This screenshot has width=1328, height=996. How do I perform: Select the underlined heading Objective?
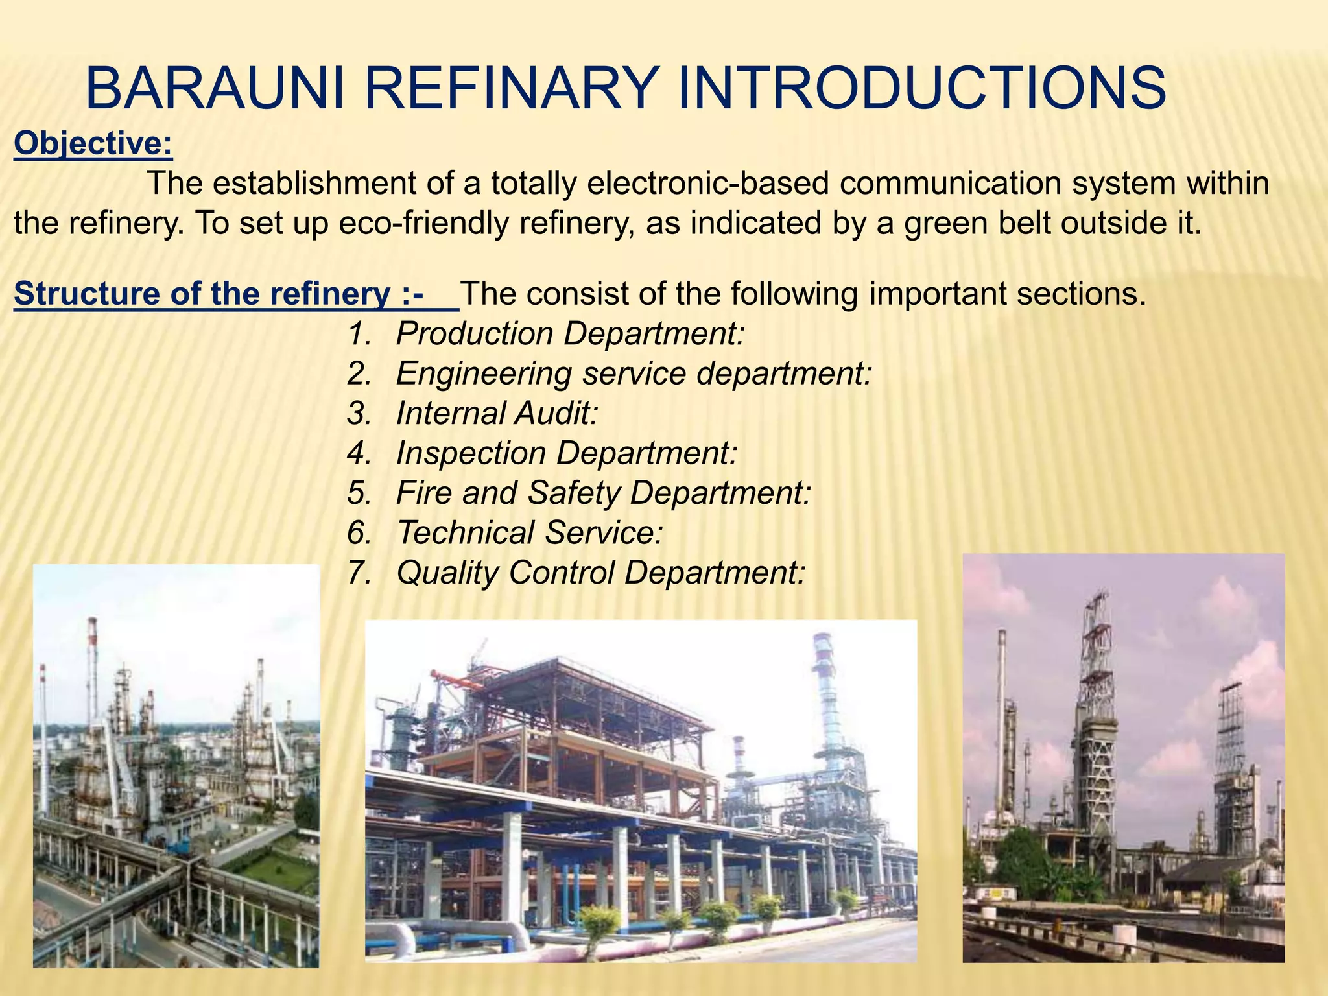93,144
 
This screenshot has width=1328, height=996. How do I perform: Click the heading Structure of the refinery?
219,294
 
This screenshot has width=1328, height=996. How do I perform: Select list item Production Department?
569,334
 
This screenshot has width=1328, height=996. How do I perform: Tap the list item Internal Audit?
496,413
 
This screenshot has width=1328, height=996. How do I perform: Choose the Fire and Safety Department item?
603,493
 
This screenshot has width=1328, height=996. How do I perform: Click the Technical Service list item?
529,533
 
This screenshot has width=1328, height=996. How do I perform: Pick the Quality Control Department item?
600,573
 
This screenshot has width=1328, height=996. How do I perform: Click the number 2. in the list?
359,374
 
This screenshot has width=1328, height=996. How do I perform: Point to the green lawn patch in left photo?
285,869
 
